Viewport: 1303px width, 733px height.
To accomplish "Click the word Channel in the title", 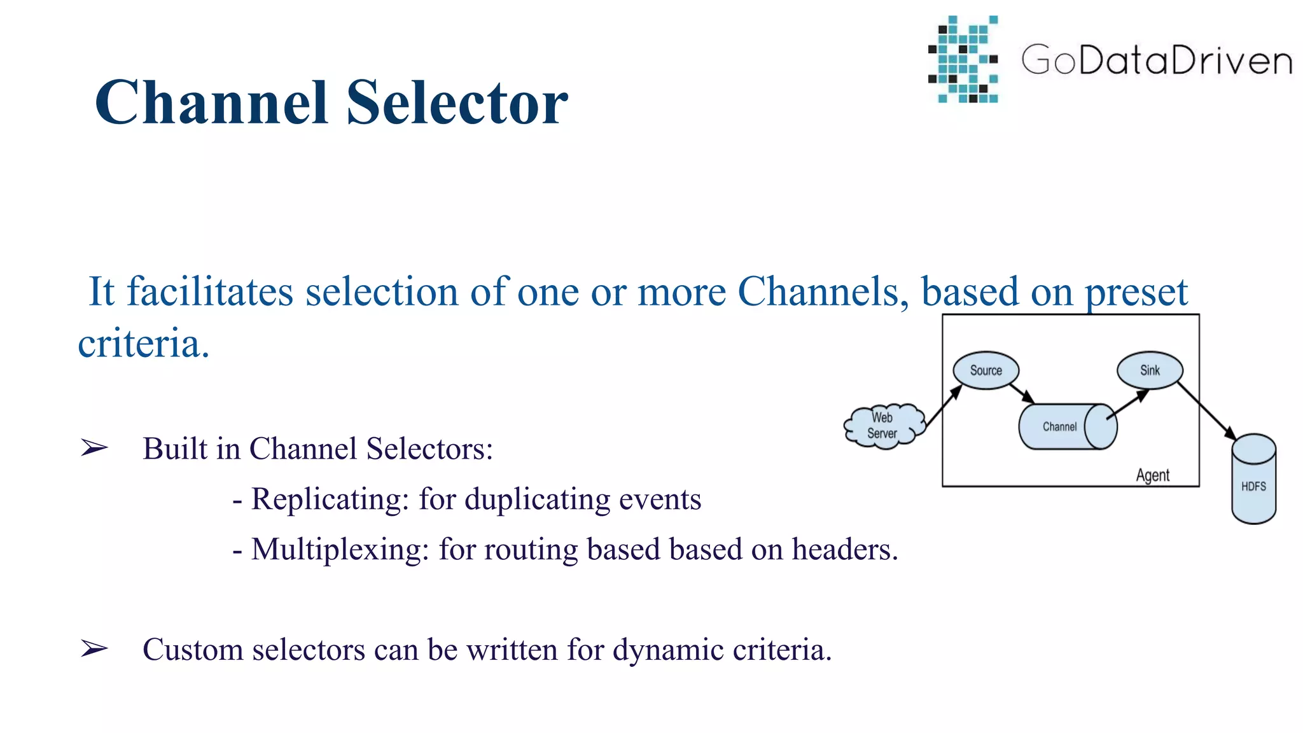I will tap(211, 103).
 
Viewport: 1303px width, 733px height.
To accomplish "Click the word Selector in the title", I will tap(457, 103).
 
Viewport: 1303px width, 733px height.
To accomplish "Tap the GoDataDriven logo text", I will tap(1156, 60).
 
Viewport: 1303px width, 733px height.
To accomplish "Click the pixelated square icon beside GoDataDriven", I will tap(963, 60).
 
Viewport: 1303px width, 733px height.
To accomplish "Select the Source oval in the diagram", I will tap(986, 370).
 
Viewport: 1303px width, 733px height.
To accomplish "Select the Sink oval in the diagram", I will tap(1150, 370).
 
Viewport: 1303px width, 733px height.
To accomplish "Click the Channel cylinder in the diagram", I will tap(1063, 427).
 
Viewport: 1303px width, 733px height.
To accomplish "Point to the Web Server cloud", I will tap(882, 426).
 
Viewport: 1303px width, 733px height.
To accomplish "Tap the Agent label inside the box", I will tap(1152, 475).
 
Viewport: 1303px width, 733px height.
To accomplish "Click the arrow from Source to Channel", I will tap(1022, 393).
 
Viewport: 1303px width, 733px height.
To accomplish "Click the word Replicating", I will tap(330, 499).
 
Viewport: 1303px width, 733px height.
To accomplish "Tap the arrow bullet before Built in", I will tap(94, 449).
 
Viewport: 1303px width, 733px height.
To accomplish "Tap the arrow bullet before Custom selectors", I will tap(94, 649).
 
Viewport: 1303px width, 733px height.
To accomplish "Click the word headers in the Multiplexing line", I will tap(843, 550).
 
